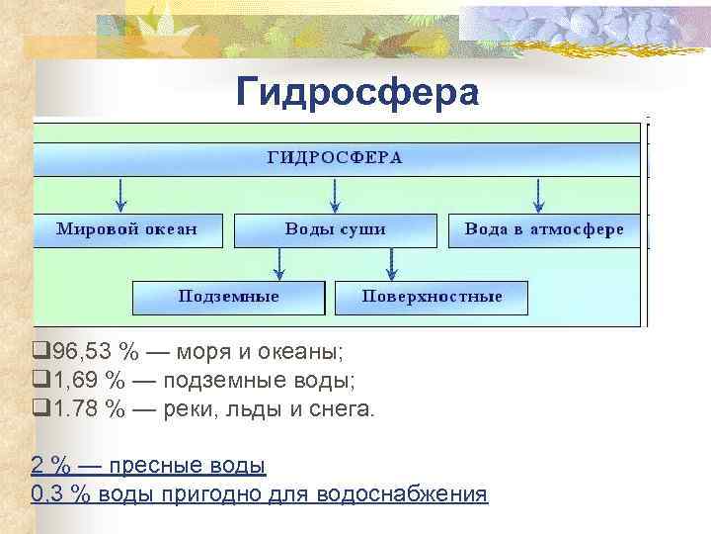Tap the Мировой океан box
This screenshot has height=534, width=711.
pyautogui.click(x=126, y=229)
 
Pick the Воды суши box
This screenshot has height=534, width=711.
pyautogui.click(x=335, y=229)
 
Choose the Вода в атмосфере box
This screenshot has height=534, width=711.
pyautogui.click(x=543, y=229)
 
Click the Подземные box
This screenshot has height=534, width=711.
pyautogui.click(x=228, y=297)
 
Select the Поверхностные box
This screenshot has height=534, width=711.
pyautogui.click(x=432, y=297)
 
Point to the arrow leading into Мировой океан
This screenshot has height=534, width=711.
pyautogui.click(x=120, y=194)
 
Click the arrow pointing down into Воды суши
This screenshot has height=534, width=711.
pyautogui.click(x=336, y=194)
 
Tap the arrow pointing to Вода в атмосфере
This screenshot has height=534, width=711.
pyautogui.click(x=538, y=194)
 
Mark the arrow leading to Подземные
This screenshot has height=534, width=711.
pyautogui.click(x=279, y=262)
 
